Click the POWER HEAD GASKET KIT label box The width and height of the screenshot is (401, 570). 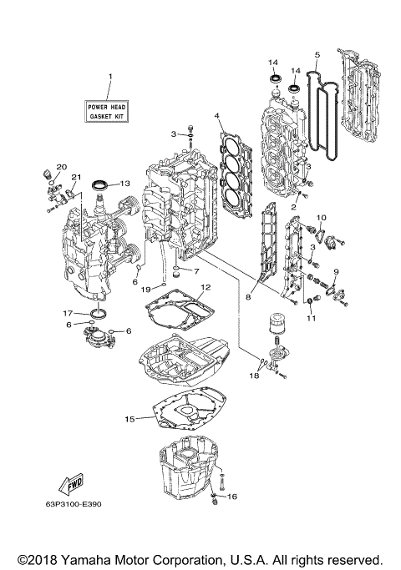click(109, 112)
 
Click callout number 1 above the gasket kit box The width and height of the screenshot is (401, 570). click(109, 78)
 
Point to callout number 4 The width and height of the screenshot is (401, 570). click(216, 115)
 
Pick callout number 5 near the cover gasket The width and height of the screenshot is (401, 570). click(317, 56)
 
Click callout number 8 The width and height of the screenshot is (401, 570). click(248, 295)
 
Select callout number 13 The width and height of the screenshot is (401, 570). click(125, 183)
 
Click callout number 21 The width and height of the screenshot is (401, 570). click(74, 177)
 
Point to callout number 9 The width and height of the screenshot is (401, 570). click(336, 272)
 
